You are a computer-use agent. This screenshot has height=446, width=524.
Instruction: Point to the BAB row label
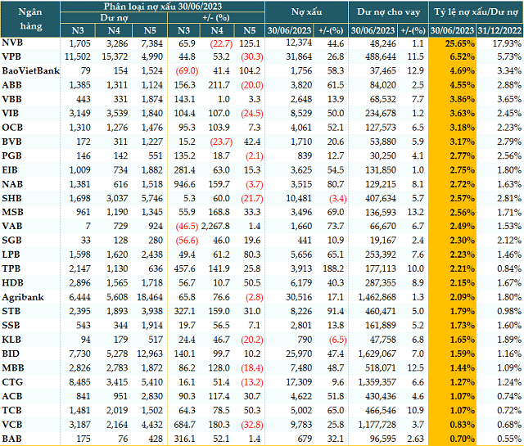(12, 439)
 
